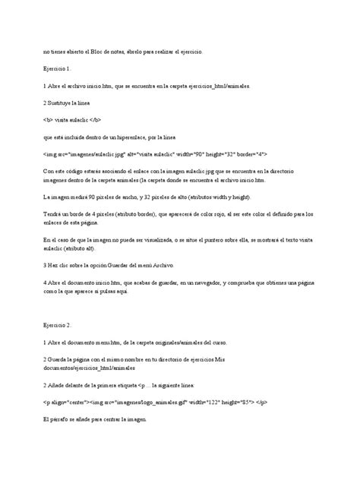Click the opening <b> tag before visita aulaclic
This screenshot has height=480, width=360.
47,120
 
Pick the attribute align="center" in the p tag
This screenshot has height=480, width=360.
67,402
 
